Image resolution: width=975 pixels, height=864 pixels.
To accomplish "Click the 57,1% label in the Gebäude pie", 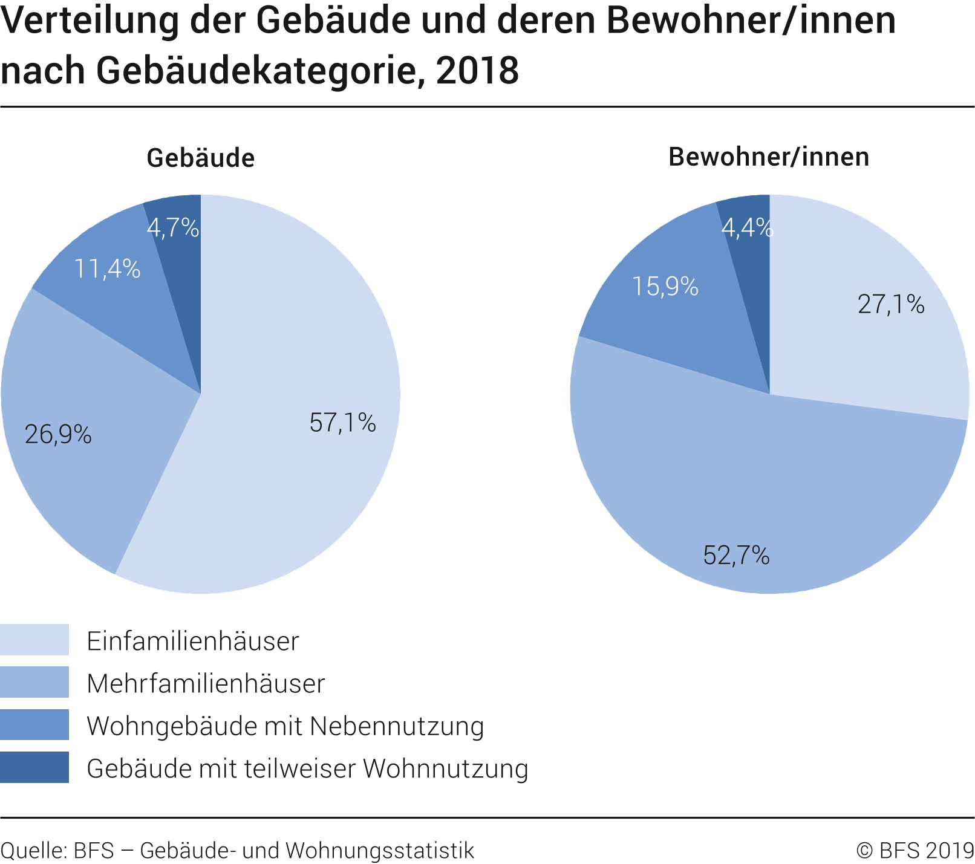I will [x=342, y=423].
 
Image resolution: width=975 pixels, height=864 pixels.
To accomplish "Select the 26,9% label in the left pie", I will [x=58, y=434].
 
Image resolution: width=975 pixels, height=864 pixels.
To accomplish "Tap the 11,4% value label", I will [x=107, y=268].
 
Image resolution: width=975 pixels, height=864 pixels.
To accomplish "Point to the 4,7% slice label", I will [x=173, y=228].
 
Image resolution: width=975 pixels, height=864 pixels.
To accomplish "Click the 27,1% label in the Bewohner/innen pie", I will [x=891, y=304].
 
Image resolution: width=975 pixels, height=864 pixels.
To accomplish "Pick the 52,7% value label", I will [x=736, y=555].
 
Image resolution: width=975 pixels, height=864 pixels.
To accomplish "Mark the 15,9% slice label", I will [x=665, y=286].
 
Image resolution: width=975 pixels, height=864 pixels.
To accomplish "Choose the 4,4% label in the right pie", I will [x=747, y=228].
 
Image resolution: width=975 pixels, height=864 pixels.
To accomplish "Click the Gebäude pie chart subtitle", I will [x=200, y=158].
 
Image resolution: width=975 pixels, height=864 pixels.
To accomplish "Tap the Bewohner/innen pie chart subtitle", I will [x=769, y=157].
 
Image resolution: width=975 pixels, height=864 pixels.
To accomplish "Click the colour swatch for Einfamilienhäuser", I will [x=34, y=640].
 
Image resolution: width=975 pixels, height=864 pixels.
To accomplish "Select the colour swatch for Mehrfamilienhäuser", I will [x=34, y=682].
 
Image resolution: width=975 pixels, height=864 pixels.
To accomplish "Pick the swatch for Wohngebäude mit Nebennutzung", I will [x=34, y=724].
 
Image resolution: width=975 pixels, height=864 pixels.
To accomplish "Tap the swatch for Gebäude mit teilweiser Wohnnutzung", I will [x=34, y=767].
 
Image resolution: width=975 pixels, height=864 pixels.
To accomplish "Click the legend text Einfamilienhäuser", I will [x=193, y=641].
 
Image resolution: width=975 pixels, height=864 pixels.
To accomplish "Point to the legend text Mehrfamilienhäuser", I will [x=206, y=683].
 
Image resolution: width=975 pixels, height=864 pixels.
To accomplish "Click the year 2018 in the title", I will [x=477, y=71].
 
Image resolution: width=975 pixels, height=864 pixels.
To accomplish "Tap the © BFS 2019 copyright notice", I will [x=915, y=850].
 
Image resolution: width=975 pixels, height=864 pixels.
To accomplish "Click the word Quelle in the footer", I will [x=32, y=850].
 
